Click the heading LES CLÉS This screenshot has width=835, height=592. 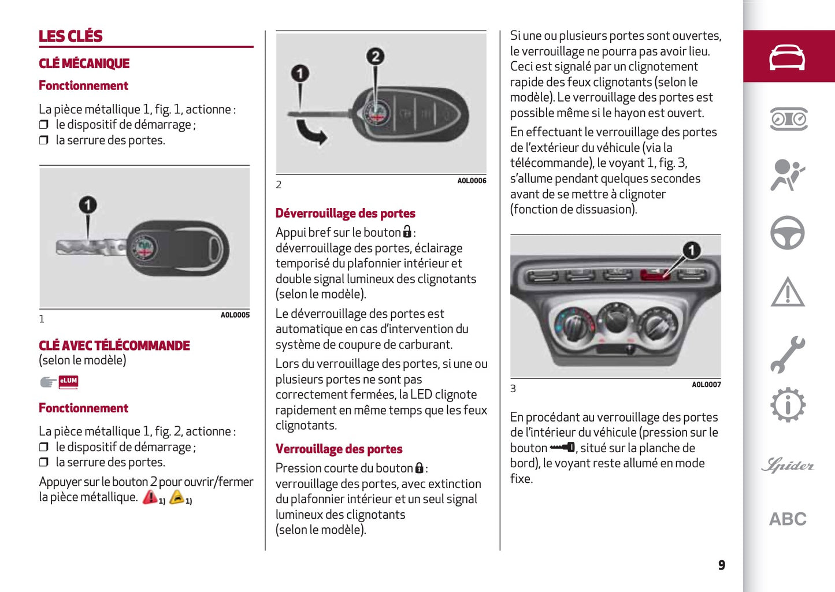(70, 36)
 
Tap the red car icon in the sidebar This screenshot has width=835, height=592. (787, 57)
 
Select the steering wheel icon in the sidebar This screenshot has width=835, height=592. (787, 233)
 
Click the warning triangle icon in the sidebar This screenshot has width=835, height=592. (787, 292)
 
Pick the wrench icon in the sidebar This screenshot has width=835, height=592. (787, 353)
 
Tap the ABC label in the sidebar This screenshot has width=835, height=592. (787, 519)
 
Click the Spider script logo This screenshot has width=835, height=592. (787, 465)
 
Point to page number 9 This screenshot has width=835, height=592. (721, 565)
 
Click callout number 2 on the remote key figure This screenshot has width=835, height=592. (376, 56)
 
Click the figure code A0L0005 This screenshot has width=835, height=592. (235, 315)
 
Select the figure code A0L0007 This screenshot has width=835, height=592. (706, 385)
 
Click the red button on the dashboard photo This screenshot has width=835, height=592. (655, 274)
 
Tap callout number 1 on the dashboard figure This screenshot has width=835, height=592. (691, 250)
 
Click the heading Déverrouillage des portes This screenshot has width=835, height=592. (345, 213)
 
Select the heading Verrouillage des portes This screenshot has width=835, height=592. (339, 449)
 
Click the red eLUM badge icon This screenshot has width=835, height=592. (68, 381)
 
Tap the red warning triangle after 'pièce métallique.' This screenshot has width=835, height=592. (150, 497)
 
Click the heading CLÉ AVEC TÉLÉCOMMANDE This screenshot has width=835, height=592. (114, 345)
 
